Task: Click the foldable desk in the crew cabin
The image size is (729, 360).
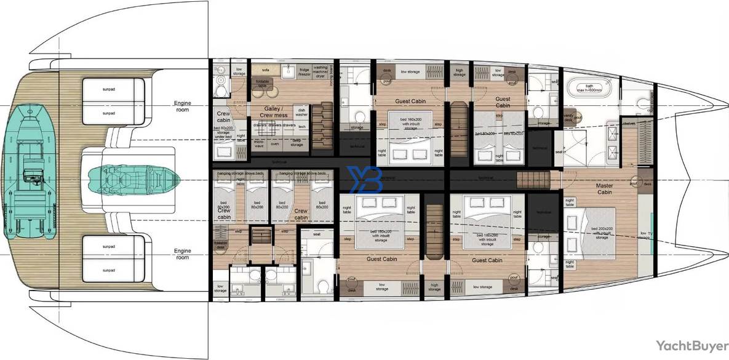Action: (x=220, y=244)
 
